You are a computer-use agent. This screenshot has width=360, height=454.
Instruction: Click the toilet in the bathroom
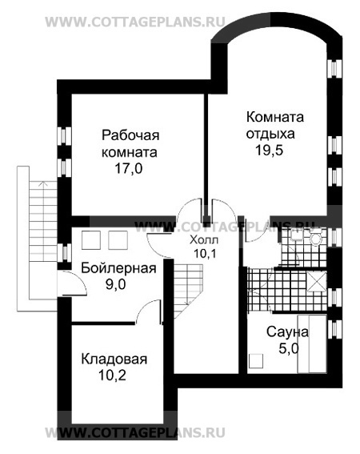point(314,239)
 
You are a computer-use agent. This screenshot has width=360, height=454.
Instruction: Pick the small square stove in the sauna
point(255,361)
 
